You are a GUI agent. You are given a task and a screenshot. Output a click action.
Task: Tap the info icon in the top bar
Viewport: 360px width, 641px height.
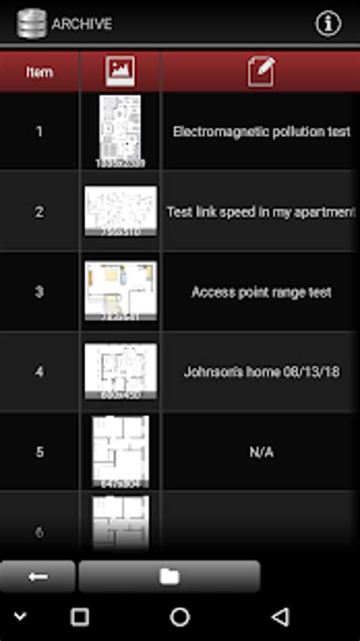tap(328, 24)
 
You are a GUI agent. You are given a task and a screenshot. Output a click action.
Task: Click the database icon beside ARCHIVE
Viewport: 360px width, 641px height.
tap(31, 24)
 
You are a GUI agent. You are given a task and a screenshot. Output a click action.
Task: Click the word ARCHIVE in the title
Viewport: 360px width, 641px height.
tap(82, 24)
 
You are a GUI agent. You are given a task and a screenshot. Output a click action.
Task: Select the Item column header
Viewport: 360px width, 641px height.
tap(39, 72)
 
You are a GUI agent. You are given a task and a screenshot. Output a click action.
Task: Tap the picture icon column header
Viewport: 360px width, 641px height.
tap(120, 71)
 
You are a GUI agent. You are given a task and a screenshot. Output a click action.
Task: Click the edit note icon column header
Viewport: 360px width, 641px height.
tap(261, 71)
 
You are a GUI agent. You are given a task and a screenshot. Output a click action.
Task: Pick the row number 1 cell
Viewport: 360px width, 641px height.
tap(39, 131)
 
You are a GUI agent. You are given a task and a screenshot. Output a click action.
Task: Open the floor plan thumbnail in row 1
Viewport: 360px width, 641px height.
tap(120, 131)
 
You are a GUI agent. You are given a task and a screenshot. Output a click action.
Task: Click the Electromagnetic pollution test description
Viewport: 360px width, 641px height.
tap(261, 131)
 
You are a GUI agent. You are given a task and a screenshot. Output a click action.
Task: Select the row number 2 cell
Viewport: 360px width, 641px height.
tap(39, 212)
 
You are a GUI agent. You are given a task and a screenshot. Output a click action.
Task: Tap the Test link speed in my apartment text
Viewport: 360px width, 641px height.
tap(261, 212)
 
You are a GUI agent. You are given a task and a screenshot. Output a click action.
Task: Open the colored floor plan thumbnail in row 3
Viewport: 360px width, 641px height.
tap(120, 291)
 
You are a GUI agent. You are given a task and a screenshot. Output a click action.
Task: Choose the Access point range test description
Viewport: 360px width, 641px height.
tap(261, 292)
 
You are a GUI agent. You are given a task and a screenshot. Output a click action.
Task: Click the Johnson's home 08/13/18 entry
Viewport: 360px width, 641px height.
tap(261, 372)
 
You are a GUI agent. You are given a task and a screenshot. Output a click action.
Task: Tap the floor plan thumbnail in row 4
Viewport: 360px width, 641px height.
tap(120, 371)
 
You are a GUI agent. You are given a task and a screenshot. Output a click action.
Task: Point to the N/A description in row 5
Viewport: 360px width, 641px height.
tap(261, 453)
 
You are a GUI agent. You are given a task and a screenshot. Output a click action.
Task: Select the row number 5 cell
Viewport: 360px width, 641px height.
tap(39, 453)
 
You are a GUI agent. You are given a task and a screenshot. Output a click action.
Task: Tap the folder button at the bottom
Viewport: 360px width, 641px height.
tap(169, 576)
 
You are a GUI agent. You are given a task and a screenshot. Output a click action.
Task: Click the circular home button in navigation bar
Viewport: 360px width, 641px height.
tap(180, 617)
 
